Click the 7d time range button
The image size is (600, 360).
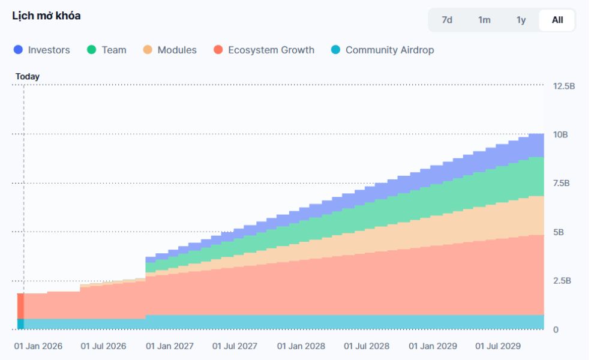pyautogui.click(x=446, y=20)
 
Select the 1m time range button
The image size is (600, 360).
pyautogui.click(x=484, y=20)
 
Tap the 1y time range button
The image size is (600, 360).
pyautogui.click(x=521, y=20)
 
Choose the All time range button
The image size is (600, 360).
pyautogui.click(x=557, y=20)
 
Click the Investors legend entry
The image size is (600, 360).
pyautogui.click(x=49, y=50)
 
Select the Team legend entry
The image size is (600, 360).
pyautogui.click(x=113, y=50)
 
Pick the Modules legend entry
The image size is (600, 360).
pyautogui.click(x=176, y=50)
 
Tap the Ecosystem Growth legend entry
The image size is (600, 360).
pyautogui.click(x=271, y=50)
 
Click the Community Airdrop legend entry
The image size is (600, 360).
pyautogui.click(x=389, y=50)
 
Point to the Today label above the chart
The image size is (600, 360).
pyautogui.click(x=28, y=77)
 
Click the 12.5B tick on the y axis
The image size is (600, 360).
pyautogui.click(x=563, y=86)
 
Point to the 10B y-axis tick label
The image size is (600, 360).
pyautogui.click(x=560, y=134)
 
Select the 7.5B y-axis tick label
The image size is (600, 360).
pyautogui.click(x=561, y=183)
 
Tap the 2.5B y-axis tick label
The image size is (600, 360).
pyautogui.click(x=561, y=281)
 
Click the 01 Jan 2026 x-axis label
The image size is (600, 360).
pyautogui.click(x=39, y=346)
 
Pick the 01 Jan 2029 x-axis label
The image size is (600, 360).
pyautogui.click(x=433, y=346)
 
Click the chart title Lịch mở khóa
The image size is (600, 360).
pyautogui.click(x=46, y=16)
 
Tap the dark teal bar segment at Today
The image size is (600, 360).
pyautogui.click(x=20, y=324)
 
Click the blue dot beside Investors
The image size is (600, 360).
pyautogui.click(x=18, y=50)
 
